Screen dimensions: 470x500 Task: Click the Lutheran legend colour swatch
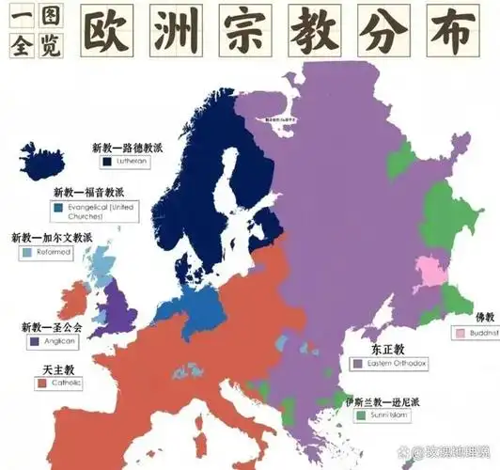click(109, 163)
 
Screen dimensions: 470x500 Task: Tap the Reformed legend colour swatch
click(26, 253)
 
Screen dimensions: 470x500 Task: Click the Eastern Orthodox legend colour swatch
click(357, 362)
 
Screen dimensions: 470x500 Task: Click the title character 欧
click(102, 33)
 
